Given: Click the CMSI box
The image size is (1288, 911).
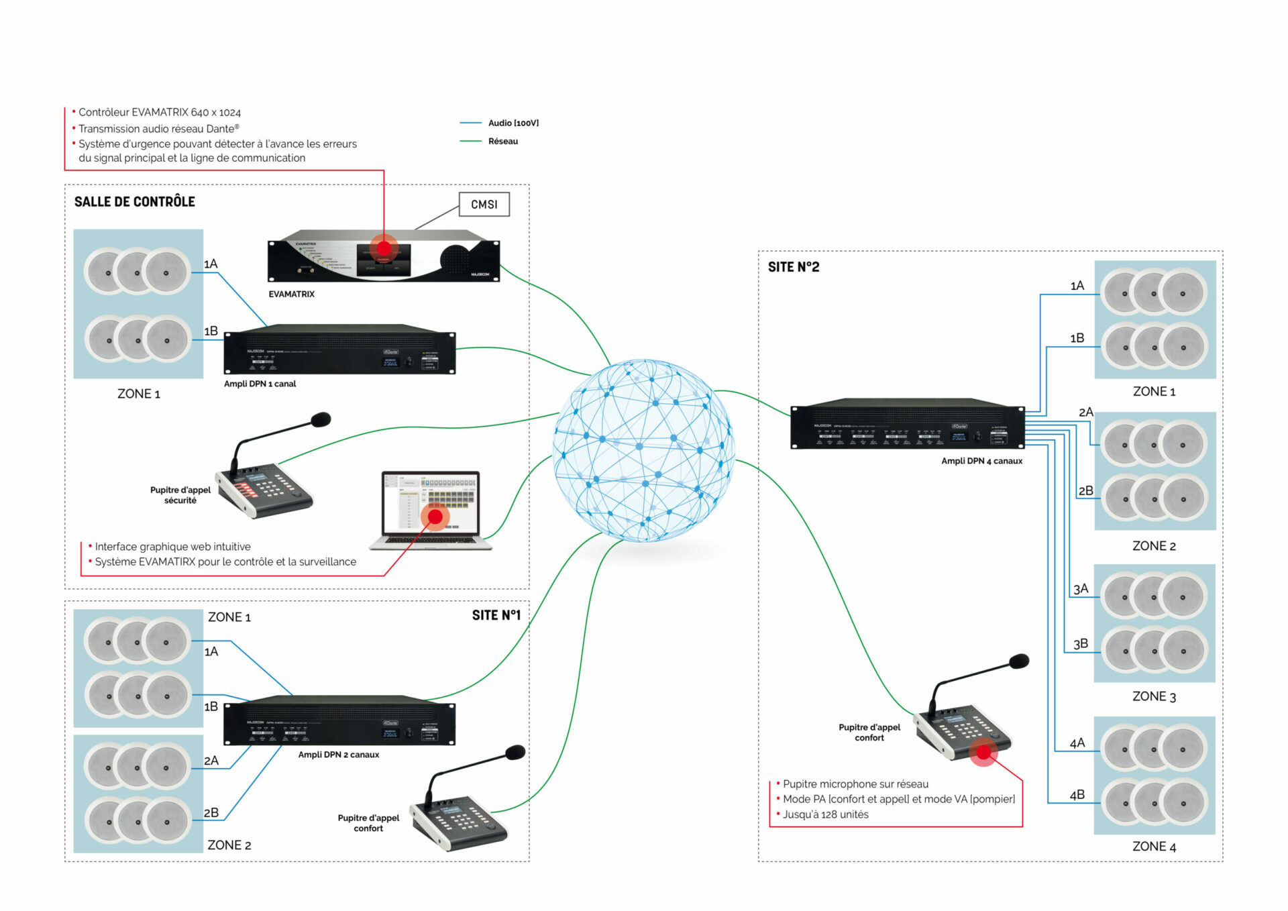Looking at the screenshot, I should [x=484, y=205].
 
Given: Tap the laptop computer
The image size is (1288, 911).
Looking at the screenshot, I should [x=431, y=510].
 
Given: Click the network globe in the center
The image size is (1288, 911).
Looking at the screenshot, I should [x=644, y=450].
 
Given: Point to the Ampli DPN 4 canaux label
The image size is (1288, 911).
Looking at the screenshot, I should [x=981, y=461].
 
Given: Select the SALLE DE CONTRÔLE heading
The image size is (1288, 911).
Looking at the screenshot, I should [x=134, y=202].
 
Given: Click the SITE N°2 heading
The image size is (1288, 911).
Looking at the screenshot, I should [x=794, y=267].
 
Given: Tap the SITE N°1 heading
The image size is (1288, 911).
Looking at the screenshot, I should [x=496, y=615].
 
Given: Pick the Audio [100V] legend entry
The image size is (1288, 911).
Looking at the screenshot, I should [x=513, y=123].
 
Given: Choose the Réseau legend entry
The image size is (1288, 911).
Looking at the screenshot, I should [x=502, y=142].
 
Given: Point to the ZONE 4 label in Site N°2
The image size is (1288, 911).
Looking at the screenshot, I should [x=1154, y=847].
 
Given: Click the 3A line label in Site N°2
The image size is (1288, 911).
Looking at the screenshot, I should [x=1081, y=589].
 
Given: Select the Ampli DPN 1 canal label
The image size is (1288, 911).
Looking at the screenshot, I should [x=260, y=384].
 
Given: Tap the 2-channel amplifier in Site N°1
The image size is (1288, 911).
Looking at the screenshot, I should [x=339, y=721].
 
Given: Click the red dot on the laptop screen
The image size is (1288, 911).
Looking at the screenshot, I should [x=435, y=517].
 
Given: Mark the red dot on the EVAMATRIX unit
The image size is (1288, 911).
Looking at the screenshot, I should [x=384, y=247].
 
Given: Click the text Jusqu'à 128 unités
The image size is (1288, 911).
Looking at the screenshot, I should [x=825, y=814].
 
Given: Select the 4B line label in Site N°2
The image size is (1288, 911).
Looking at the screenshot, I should [x=1077, y=795].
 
